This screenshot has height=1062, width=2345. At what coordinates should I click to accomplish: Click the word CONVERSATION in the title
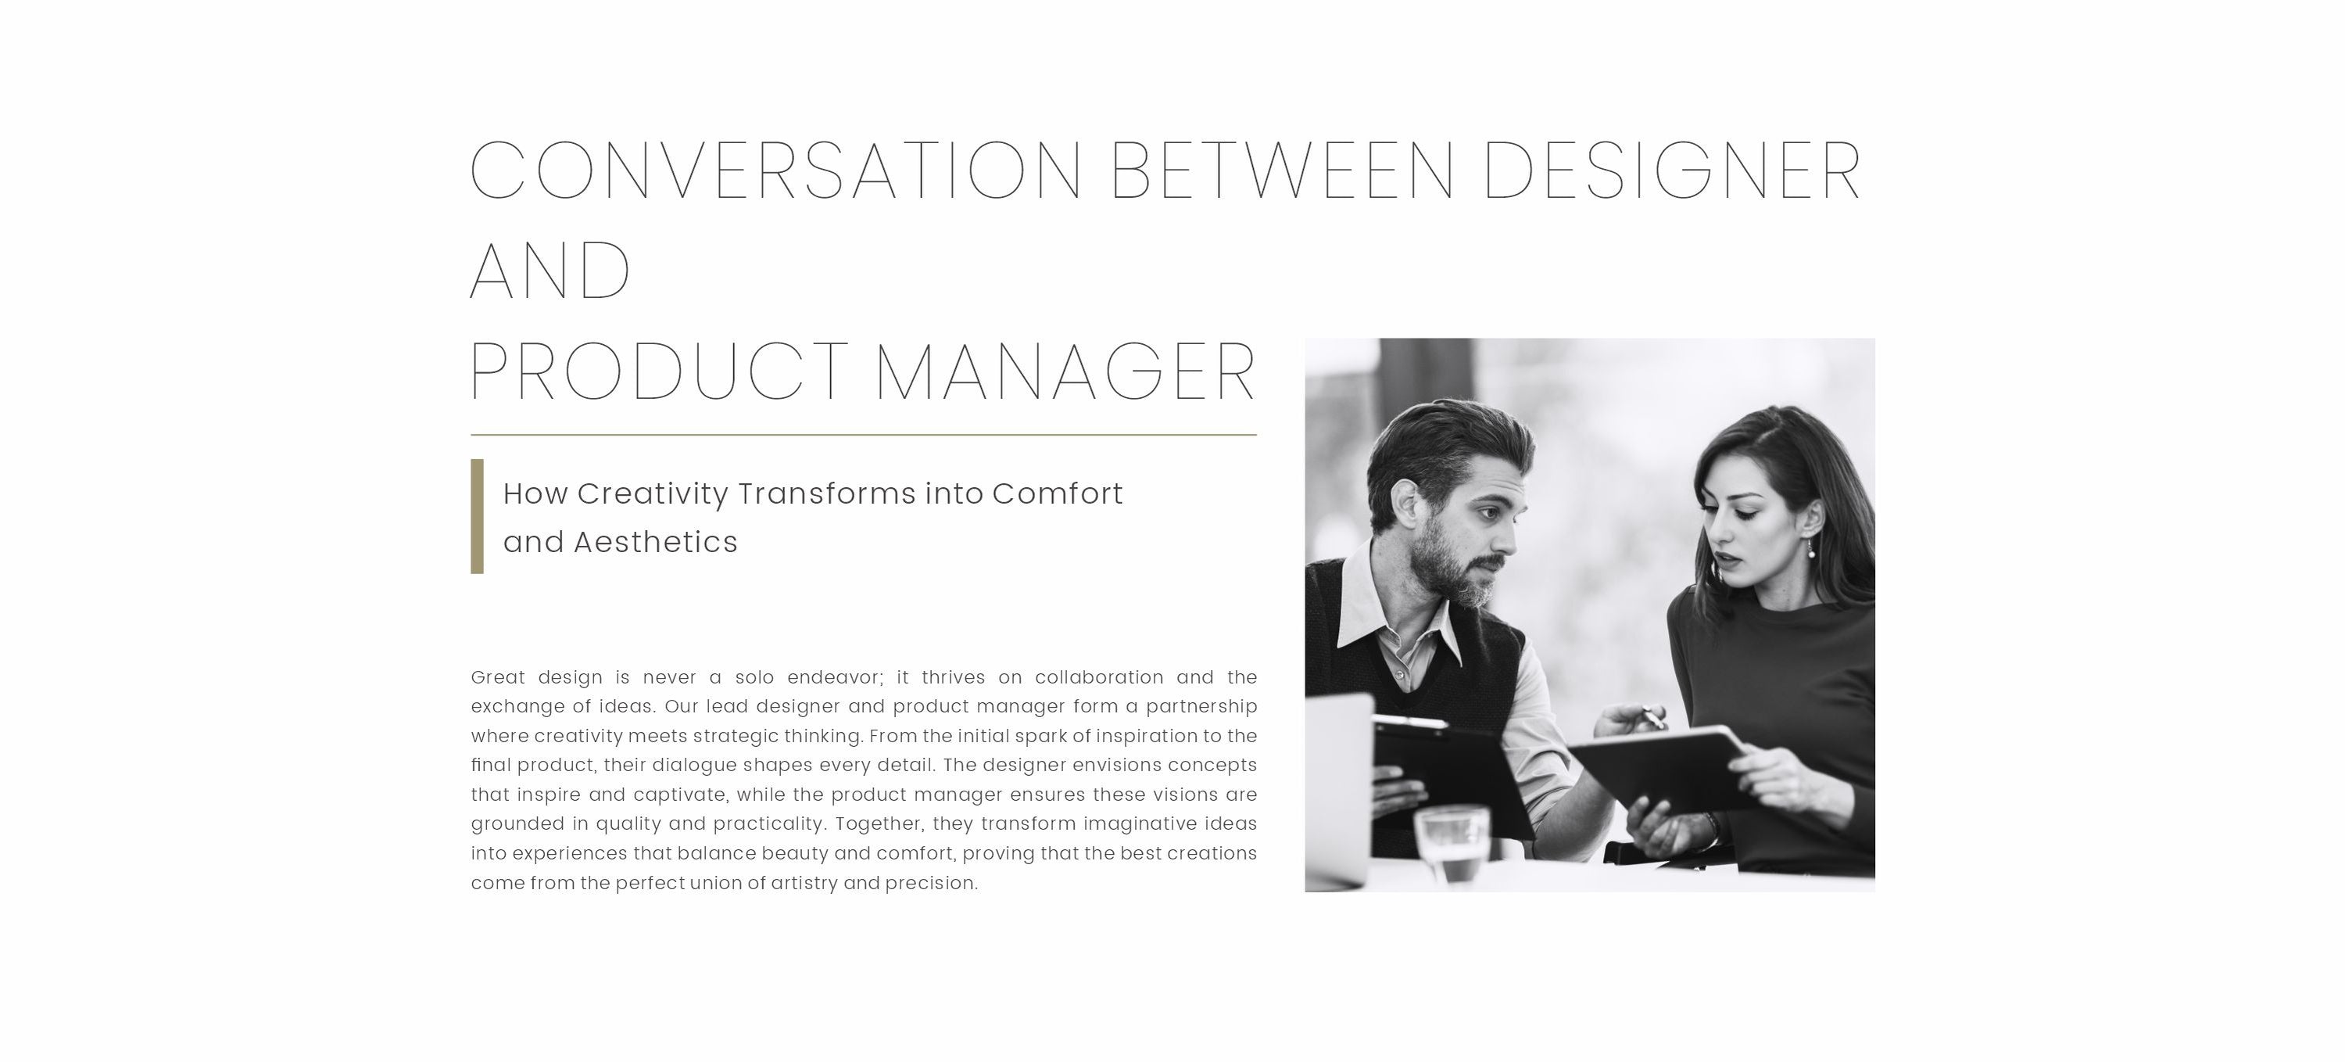775,170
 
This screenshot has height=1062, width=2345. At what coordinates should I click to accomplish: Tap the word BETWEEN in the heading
1283,170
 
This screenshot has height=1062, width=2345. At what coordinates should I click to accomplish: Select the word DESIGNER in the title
1672,170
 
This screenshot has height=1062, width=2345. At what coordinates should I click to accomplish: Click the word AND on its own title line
550,271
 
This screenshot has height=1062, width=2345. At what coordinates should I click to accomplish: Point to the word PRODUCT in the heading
659,371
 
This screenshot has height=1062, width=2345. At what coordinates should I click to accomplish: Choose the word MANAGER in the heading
1065,371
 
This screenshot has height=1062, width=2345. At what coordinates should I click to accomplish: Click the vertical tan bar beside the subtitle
477,516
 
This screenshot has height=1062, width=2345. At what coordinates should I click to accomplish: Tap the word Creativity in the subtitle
653,493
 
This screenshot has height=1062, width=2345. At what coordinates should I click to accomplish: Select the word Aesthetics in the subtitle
656,542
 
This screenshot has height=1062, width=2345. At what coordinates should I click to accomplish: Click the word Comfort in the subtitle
1057,493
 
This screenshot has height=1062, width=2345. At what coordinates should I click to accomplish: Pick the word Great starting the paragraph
498,678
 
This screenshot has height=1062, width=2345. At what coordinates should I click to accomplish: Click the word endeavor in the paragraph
836,678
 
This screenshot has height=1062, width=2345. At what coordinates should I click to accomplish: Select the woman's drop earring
1810,547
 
